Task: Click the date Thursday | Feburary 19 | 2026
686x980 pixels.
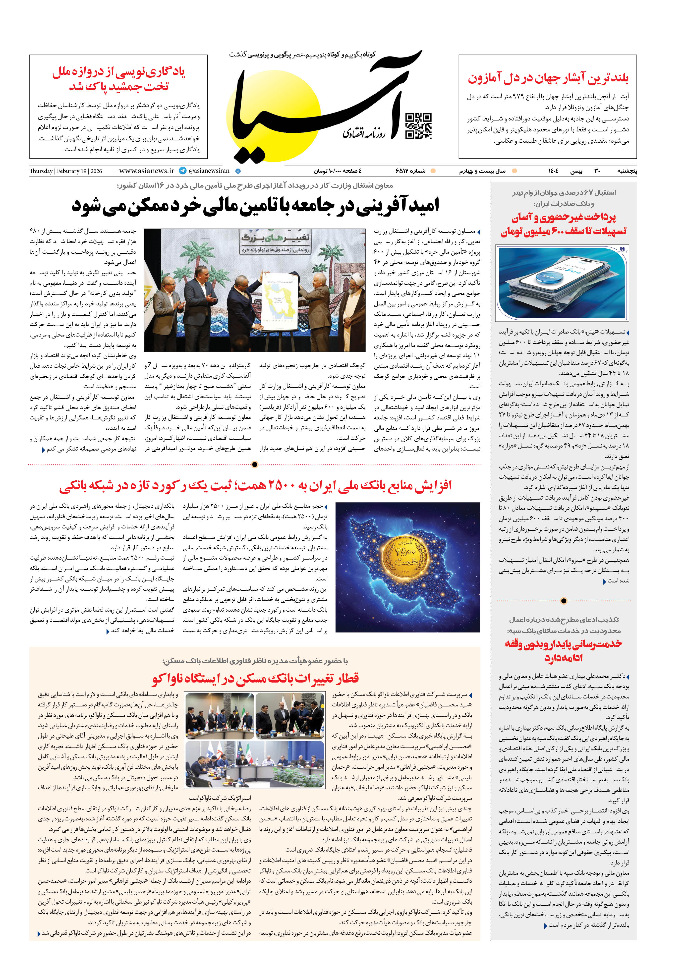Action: [66, 171]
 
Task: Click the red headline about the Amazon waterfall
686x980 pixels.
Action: [548, 78]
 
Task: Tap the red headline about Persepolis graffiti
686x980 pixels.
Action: [119, 79]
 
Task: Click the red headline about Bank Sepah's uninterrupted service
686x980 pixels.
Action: [564, 650]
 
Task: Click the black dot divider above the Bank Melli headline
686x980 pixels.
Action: [255, 464]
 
